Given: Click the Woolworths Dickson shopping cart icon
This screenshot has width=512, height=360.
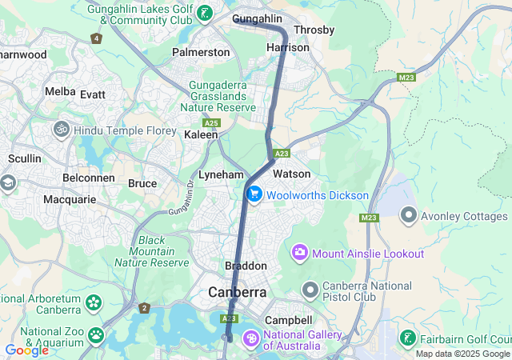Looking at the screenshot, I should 255,194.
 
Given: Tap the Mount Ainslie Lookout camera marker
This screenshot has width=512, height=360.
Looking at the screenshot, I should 300,254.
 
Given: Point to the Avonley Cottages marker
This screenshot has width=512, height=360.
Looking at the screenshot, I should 409,215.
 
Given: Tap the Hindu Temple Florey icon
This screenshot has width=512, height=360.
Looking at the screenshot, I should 61,129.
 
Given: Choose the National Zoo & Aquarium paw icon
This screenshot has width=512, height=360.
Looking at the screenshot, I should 96,334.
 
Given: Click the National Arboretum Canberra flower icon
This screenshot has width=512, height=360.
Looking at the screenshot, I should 94,303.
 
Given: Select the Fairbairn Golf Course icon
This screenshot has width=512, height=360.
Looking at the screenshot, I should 408,337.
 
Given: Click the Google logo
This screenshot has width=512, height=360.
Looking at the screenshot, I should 27,350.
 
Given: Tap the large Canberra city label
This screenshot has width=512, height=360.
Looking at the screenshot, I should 238,293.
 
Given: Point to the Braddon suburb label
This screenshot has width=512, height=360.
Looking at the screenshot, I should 246,266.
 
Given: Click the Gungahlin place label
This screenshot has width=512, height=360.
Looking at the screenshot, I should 258,18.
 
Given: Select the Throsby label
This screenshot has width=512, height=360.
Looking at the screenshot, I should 314,30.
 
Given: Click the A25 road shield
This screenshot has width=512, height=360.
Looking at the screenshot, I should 211,123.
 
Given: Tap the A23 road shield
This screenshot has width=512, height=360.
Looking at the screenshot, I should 281,153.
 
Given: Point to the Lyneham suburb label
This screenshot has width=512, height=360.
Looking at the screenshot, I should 221,174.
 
